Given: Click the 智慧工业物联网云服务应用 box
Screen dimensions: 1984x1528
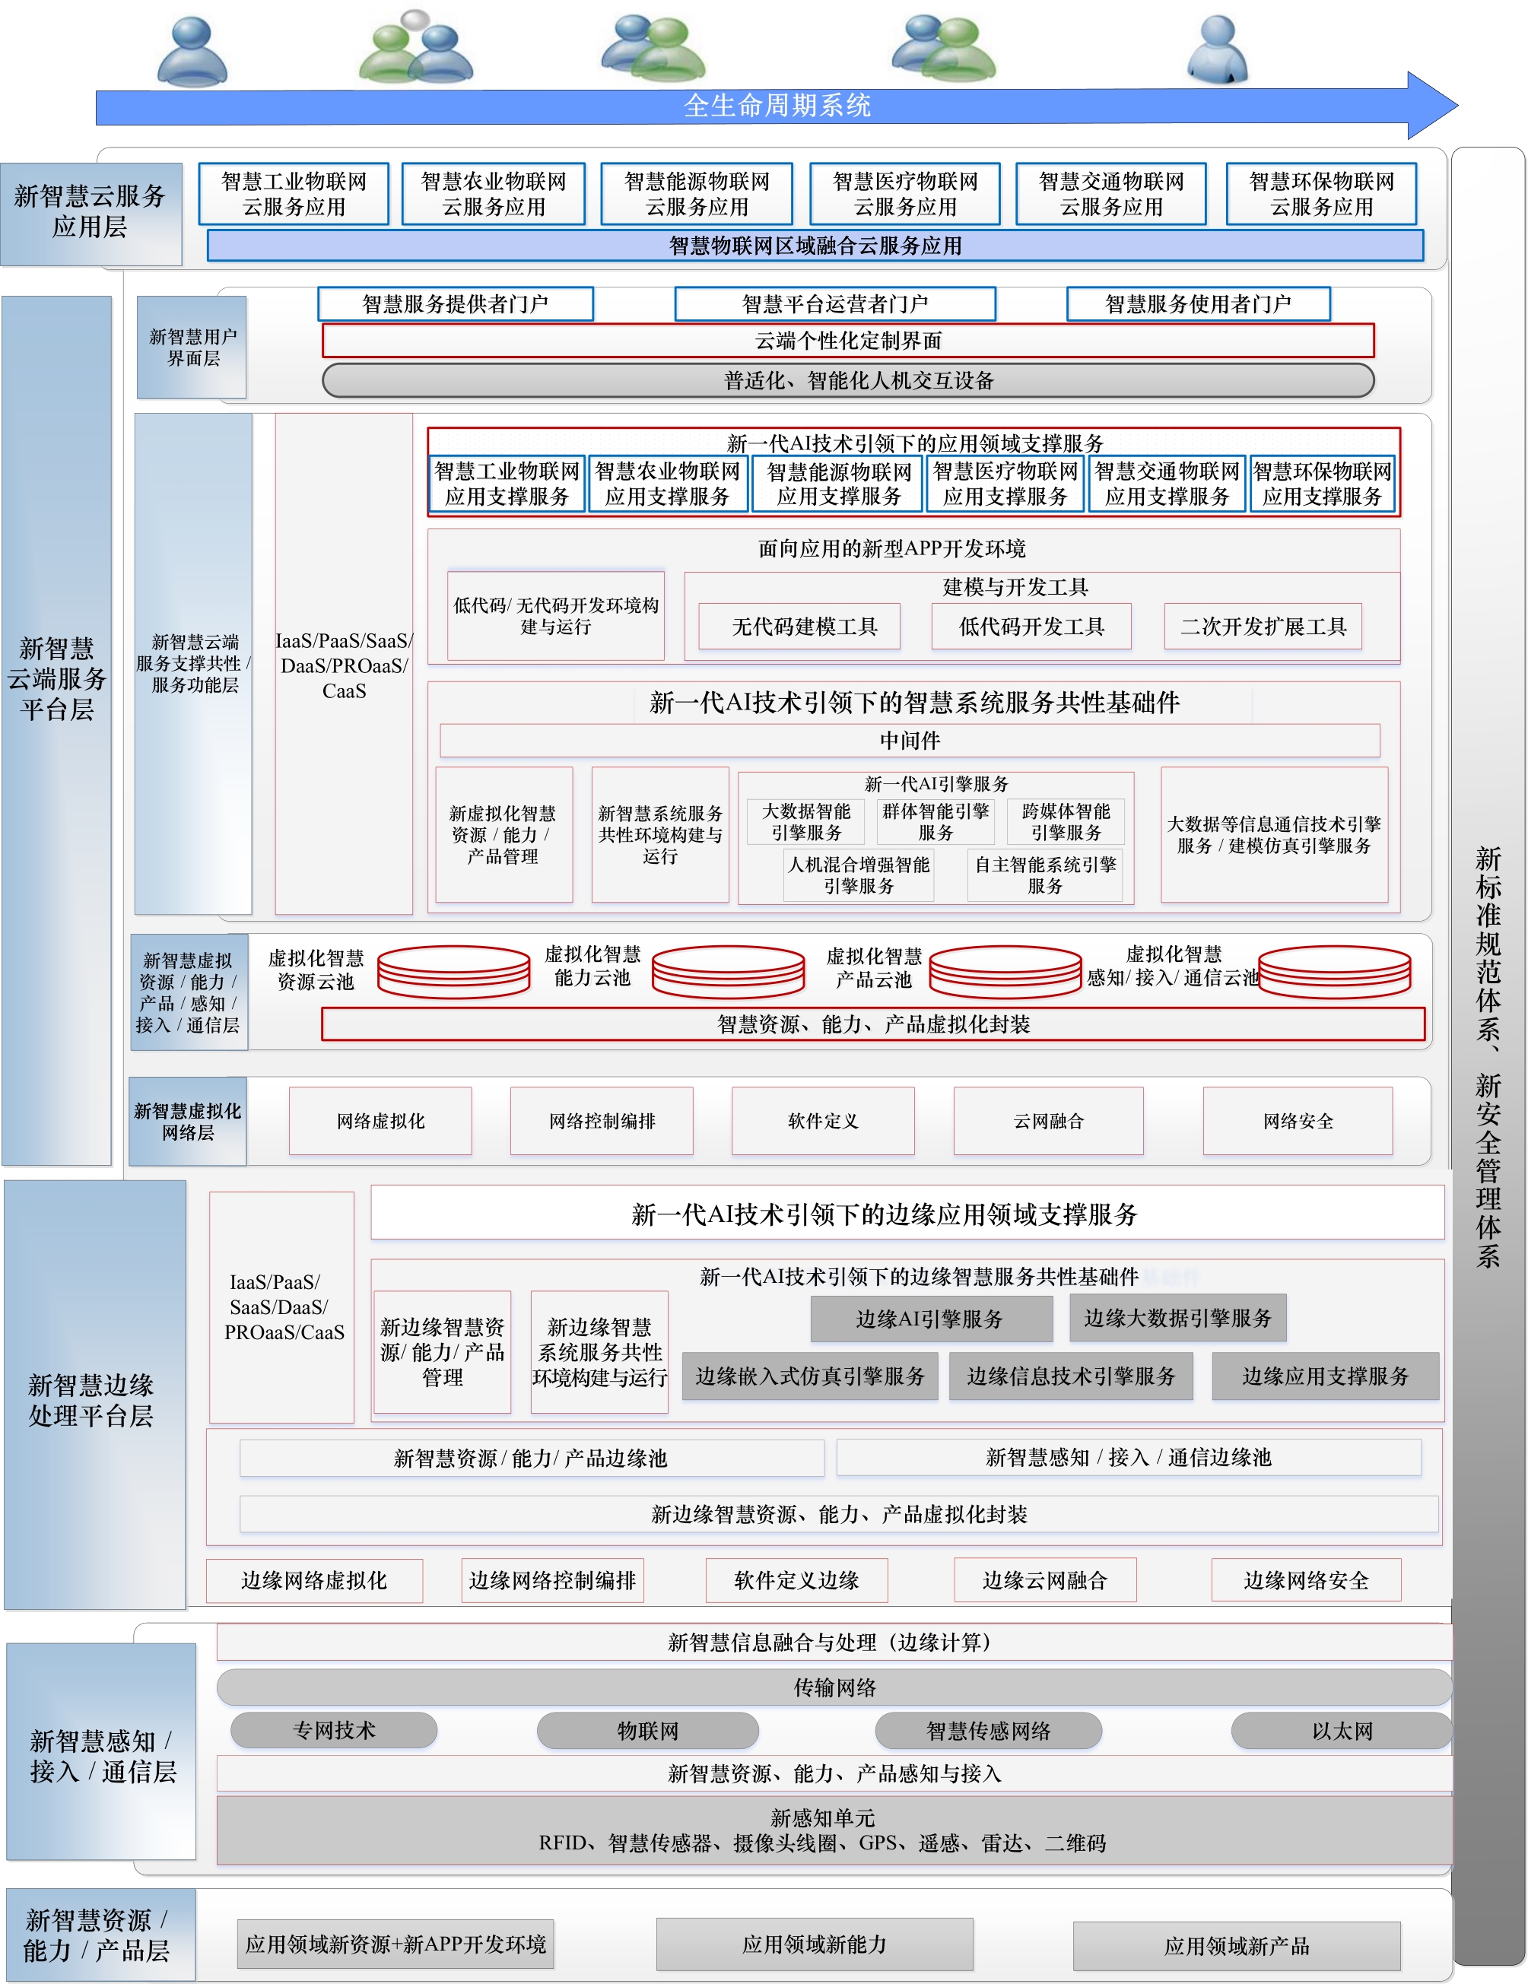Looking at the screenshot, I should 294,193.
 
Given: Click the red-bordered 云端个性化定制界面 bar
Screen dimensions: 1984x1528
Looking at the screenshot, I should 847,341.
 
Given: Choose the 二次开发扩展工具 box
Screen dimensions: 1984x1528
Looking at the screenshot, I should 1262,626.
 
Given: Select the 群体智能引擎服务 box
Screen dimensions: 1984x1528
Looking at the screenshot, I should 935,821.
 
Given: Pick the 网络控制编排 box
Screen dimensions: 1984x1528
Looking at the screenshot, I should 602,1121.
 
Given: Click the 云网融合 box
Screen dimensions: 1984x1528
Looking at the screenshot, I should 1047,1121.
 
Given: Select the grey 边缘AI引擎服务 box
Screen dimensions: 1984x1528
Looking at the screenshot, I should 930,1318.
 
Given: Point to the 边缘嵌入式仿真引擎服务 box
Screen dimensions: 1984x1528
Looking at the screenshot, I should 809,1376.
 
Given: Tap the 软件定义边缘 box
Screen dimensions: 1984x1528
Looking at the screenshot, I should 796,1579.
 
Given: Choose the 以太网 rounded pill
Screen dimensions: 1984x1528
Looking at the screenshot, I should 1340,1730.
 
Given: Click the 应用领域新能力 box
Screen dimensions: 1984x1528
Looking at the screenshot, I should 813,1944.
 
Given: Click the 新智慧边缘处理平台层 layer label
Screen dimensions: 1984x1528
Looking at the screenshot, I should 91,1399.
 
